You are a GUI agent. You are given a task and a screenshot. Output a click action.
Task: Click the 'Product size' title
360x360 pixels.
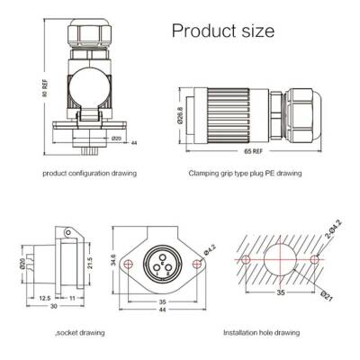point(222,31)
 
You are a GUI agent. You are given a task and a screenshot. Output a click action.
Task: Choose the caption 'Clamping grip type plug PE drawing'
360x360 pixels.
point(244,171)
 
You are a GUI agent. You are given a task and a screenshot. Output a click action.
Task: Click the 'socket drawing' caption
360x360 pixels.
point(57,332)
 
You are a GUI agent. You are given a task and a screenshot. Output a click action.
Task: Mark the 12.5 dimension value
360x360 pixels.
point(45,296)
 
